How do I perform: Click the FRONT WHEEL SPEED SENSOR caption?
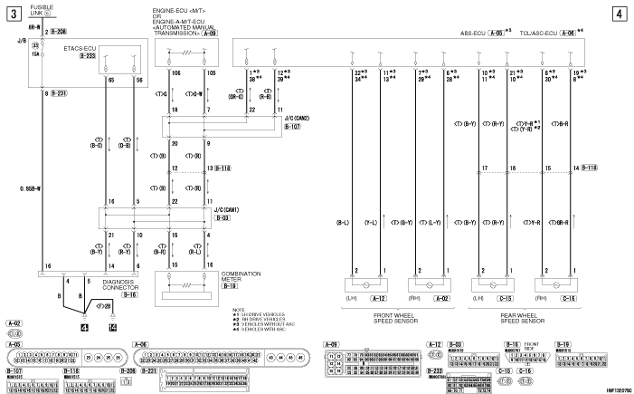pos(402,317)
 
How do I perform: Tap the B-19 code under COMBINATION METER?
pos(229,285)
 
